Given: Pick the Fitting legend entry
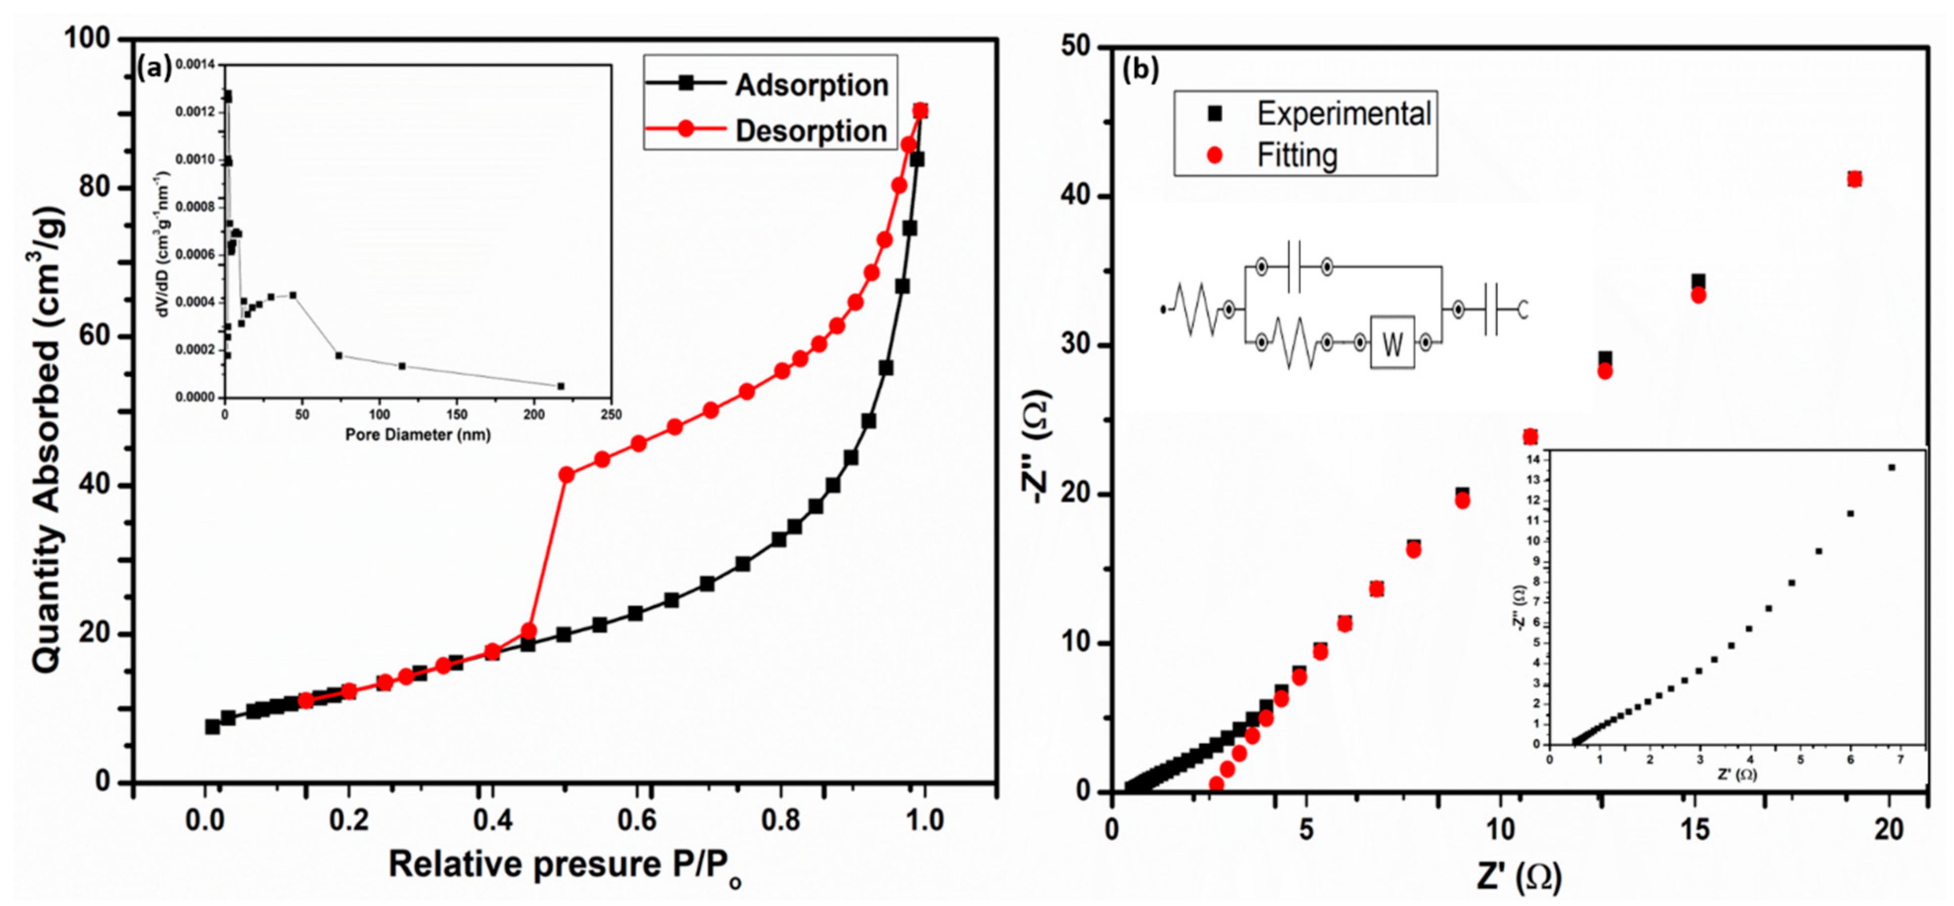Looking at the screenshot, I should [x=1297, y=155].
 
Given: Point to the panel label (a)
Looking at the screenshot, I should [x=155, y=69].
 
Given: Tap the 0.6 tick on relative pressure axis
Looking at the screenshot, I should [x=636, y=820].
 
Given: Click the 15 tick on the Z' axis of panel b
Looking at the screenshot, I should [x=1695, y=829].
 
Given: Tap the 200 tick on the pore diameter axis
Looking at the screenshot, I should [x=534, y=415].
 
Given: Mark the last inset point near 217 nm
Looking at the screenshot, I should [x=561, y=386].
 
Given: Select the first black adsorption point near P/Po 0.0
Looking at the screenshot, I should [x=212, y=726].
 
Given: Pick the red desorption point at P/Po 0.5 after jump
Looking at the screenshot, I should [x=566, y=475].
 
